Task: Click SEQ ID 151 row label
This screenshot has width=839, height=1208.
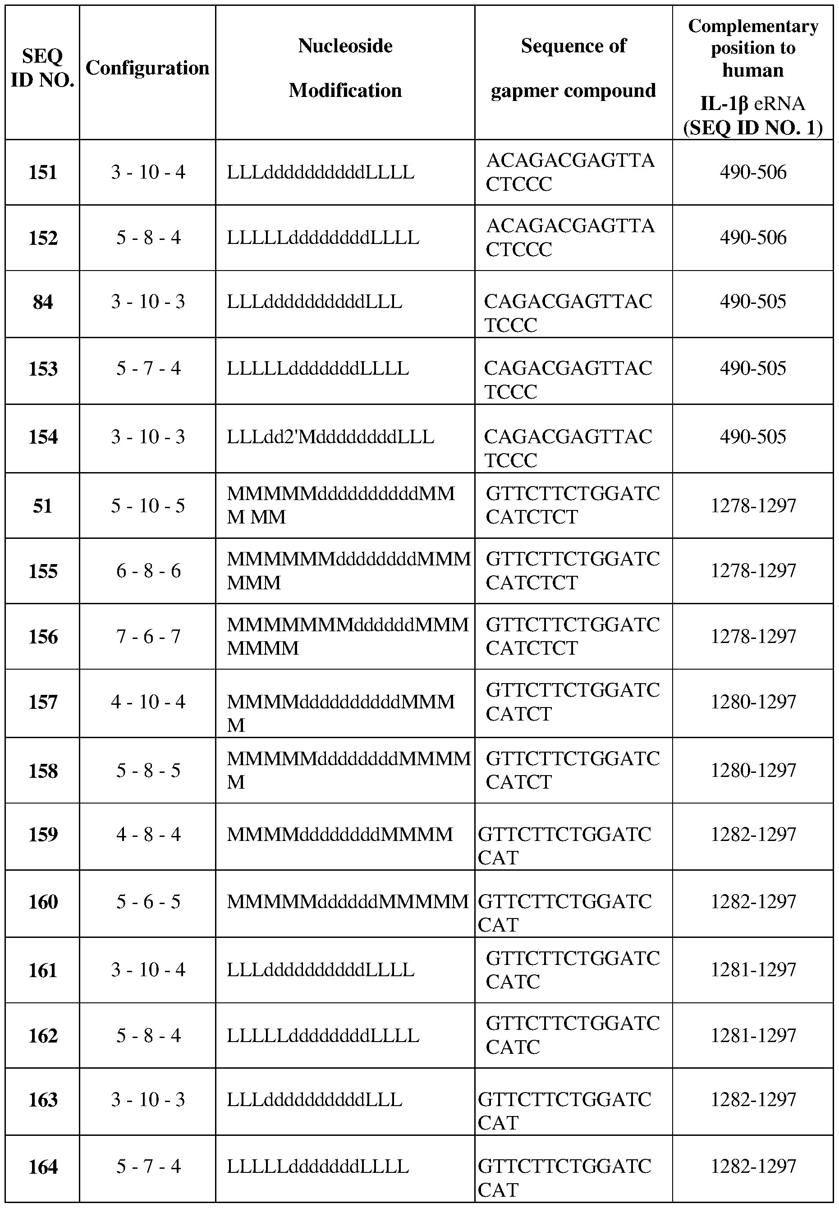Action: (x=42, y=172)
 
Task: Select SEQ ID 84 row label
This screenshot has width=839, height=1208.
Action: (x=42, y=302)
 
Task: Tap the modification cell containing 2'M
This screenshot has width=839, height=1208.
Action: (x=330, y=437)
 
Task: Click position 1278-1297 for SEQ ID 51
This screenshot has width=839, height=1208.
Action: (x=753, y=505)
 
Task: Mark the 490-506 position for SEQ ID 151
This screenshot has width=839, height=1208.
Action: (x=753, y=172)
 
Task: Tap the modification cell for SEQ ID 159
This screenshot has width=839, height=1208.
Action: (x=339, y=835)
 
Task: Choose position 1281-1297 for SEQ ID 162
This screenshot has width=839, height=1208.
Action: (x=753, y=1036)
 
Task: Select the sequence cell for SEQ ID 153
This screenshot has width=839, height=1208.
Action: (x=568, y=380)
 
